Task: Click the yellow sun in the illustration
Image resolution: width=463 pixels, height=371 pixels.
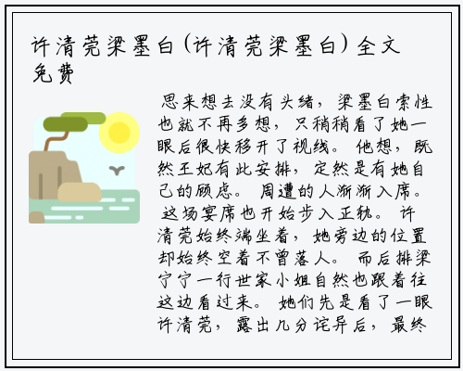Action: click(119, 133)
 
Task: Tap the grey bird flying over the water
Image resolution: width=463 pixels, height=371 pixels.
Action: click(117, 170)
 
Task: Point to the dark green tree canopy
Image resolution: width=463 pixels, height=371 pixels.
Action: click(66, 124)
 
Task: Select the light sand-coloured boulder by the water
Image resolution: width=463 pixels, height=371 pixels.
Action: click(80, 192)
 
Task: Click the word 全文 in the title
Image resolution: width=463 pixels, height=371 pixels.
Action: click(379, 46)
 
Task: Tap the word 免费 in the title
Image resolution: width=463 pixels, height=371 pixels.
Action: click(53, 73)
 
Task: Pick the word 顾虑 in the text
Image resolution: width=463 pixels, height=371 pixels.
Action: click(214, 191)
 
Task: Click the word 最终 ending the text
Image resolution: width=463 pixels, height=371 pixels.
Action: click(409, 325)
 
